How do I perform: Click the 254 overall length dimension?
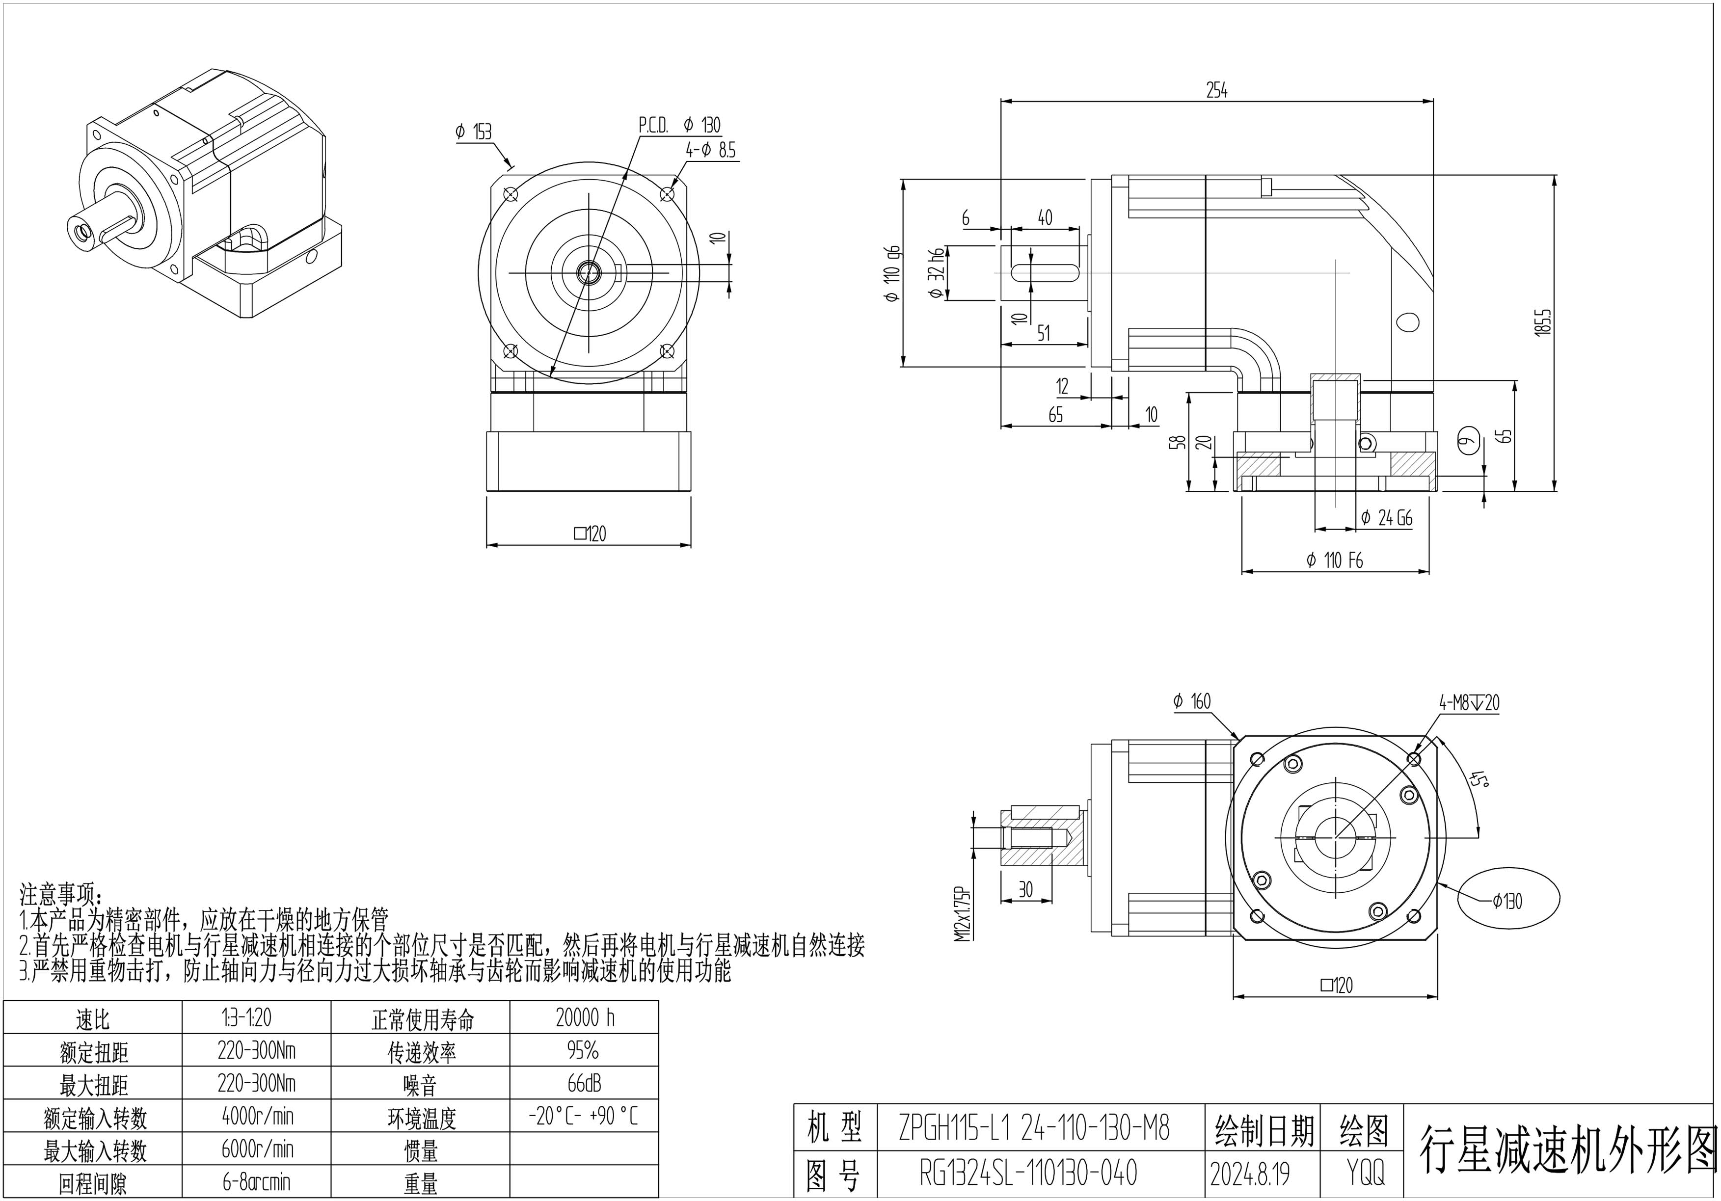(1216, 91)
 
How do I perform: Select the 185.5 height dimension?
(1542, 333)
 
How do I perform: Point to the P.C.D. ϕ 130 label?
(679, 125)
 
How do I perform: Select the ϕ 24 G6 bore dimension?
(1386, 518)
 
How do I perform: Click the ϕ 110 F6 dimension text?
(1334, 560)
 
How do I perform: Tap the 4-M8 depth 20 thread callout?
(1468, 702)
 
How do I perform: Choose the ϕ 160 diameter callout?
(1192, 701)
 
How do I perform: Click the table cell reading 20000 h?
(585, 1018)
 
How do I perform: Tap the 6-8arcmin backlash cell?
(256, 1182)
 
